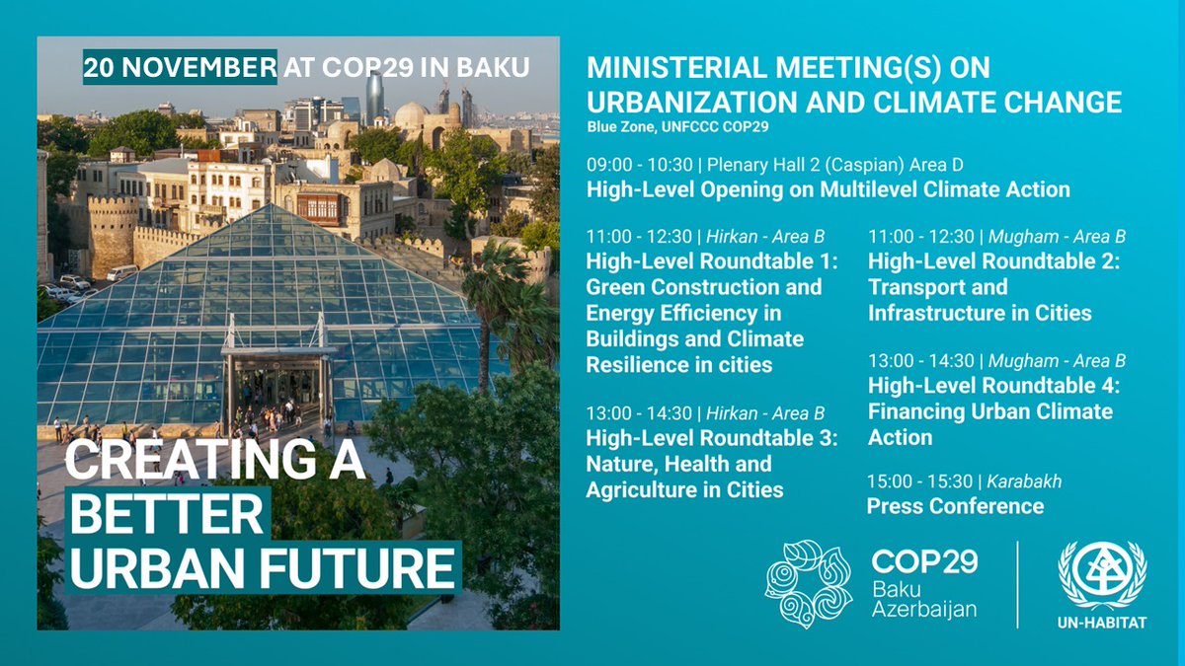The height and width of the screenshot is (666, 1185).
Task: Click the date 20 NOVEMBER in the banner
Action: click(180, 67)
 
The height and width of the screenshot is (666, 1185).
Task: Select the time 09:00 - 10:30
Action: click(633, 165)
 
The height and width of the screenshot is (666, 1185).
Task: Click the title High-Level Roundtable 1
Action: click(711, 261)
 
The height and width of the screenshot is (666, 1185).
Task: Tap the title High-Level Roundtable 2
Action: click(993, 261)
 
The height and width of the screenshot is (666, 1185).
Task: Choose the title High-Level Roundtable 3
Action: click(711, 438)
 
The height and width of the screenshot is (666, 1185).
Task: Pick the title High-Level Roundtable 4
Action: click(993, 386)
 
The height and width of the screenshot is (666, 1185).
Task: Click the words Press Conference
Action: click(955, 506)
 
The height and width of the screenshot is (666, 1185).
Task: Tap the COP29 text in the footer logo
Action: click(924, 562)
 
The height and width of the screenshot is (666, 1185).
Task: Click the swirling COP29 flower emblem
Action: click(808, 583)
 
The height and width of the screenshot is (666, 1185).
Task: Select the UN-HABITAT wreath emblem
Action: click(1102, 576)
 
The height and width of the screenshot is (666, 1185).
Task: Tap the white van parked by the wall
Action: click(121, 272)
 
